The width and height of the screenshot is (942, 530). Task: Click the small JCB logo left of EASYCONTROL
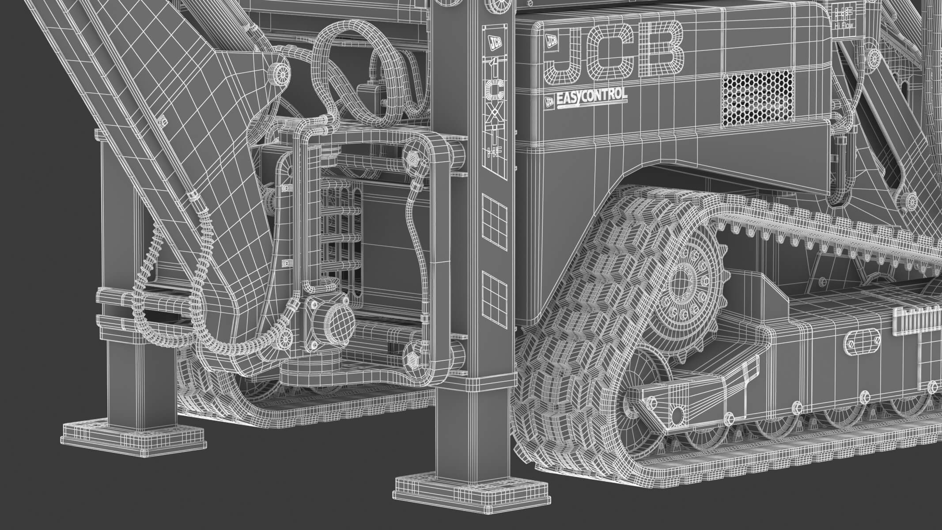pos(549,101)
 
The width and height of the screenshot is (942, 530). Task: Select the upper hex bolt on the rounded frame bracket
pos(413,157)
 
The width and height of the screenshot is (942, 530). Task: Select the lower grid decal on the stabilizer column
pos(495,294)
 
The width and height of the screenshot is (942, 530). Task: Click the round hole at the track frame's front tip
pos(677,414)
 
